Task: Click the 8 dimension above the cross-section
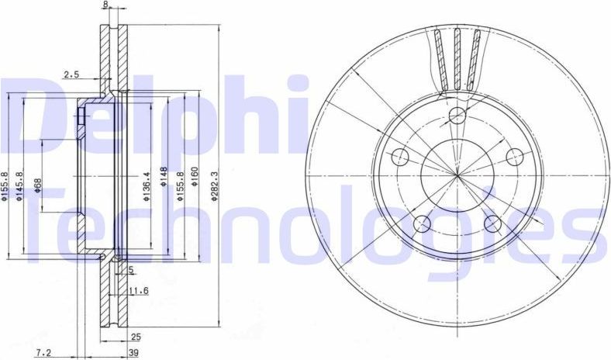[105, 5]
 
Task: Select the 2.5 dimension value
[71, 75]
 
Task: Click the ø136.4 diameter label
[146, 187]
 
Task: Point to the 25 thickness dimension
[136, 338]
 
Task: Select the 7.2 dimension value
[43, 353]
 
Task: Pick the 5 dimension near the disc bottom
[131, 270]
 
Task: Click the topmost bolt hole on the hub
[457, 116]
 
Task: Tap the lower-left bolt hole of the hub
[421, 225]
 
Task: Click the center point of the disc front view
[457, 178]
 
